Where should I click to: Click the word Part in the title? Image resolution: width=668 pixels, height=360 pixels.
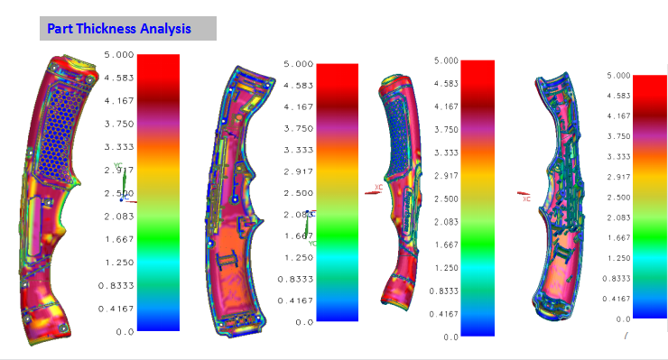click(62, 29)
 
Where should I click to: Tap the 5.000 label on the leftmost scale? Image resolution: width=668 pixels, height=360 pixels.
click(118, 55)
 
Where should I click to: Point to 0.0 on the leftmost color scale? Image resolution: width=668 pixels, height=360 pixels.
click(125, 331)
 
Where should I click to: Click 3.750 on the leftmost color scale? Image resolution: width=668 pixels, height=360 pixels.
click(118, 124)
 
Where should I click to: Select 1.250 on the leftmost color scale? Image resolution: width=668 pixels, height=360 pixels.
click(118, 262)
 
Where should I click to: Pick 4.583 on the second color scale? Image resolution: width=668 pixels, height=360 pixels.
click(298, 86)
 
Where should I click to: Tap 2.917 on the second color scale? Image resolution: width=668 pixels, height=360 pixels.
click(298, 171)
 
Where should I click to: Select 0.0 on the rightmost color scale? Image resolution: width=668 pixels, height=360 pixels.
click(622, 318)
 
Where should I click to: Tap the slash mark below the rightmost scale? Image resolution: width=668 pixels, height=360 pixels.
click(625, 336)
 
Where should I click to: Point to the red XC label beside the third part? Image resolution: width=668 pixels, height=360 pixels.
click(379, 188)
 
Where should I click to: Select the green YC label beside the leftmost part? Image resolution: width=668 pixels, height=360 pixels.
click(117, 167)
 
